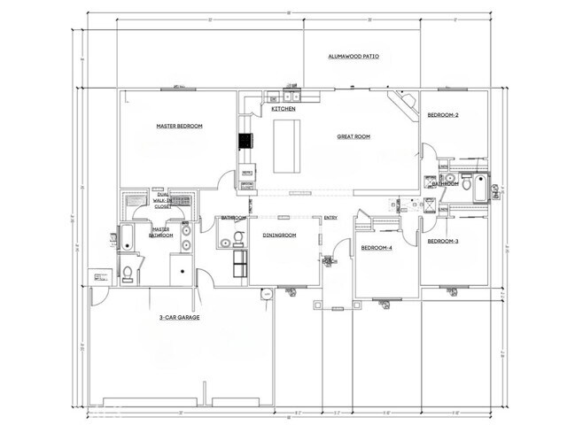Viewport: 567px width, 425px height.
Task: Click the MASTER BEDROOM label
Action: tap(179, 127)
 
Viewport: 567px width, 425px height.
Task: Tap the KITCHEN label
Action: tap(283, 109)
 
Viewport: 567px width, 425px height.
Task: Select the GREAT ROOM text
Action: tap(353, 136)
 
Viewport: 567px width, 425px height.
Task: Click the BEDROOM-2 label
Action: tap(443, 115)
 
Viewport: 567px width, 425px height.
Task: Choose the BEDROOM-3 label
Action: tap(443, 241)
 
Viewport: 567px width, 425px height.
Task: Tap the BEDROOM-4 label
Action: tap(377, 248)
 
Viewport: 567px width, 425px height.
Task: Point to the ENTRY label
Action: tap(330, 218)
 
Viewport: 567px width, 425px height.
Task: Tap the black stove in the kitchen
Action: tap(244, 141)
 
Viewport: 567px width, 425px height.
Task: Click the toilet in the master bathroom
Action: tap(127, 271)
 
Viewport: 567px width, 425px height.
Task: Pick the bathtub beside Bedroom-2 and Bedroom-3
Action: tap(481, 187)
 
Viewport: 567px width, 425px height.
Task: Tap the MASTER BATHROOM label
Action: tap(160, 232)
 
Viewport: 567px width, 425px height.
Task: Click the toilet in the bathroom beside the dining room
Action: tap(225, 236)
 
